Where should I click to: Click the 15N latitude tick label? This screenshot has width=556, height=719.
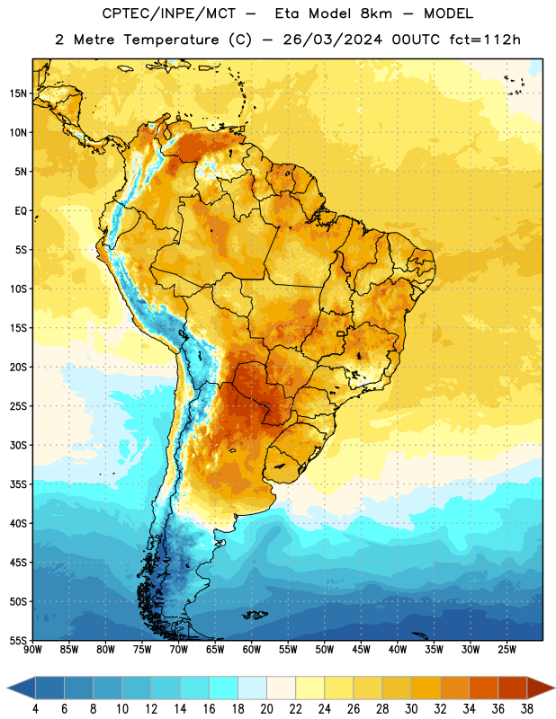pyautogui.click(x=18, y=93)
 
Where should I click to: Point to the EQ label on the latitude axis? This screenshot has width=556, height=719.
pyautogui.click(x=21, y=211)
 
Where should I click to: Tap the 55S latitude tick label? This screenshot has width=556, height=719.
pyautogui.click(x=18, y=640)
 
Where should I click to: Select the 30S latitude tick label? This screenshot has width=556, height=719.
pyautogui.click(x=18, y=445)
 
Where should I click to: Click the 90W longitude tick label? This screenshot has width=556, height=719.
pyautogui.click(x=32, y=649)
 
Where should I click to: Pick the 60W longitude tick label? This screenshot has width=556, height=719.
pyautogui.click(x=252, y=649)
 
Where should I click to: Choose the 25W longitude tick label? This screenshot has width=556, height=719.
pyautogui.click(x=507, y=649)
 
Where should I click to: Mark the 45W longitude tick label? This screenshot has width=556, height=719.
pyautogui.click(x=361, y=649)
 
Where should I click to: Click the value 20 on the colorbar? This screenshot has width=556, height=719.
pyautogui.click(x=266, y=709)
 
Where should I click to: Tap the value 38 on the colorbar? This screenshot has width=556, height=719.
pyautogui.click(x=526, y=709)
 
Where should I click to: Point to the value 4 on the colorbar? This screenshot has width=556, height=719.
pyautogui.click(x=35, y=709)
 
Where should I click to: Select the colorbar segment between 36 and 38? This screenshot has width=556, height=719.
pyautogui.click(x=513, y=688)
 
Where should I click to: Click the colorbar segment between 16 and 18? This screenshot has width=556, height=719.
pyautogui.click(x=224, y=688)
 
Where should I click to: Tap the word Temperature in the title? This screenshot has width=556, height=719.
pyautogui.click(x=171, y=40)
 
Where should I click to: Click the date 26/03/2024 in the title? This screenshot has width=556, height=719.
pyautogui.click(x=332, y=40)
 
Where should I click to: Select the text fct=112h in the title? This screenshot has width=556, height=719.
pyautogui.click(x=485, y=40)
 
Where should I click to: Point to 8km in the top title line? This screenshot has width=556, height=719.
pyautogui.click(x=376, y=13)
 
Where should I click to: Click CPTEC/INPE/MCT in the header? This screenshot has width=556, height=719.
pyautogui.click(x=169, y=13)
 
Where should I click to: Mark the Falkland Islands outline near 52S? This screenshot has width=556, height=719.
pyautogui.click(x=255, y=615)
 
